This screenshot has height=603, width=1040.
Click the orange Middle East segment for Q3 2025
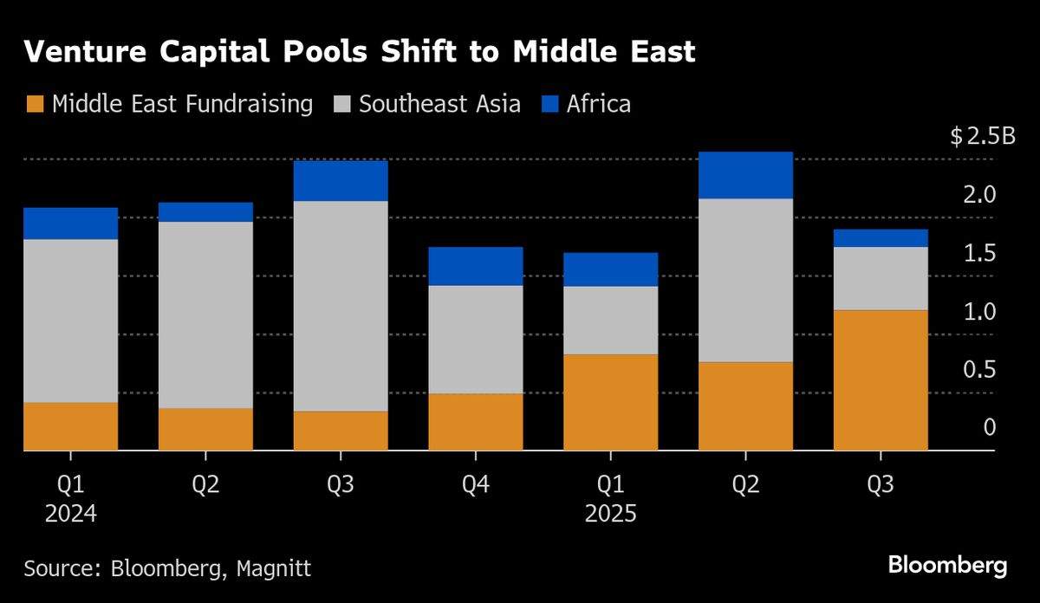(x=881, y=380)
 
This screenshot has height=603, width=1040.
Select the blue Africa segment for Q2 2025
(x=745, y=175)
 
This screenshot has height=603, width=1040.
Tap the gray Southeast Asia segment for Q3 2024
(x=341, y=306)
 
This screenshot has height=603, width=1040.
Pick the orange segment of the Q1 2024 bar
(x=70, y=426)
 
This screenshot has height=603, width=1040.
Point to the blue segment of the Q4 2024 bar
(x=476, y=266)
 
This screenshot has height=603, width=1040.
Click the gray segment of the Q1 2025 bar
(x=610, y=320)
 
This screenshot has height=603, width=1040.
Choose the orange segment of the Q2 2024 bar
(x=205, y=429)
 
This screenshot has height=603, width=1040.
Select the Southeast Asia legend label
(x=439, y=105)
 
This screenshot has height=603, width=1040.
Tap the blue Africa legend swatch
(x=550, y=105)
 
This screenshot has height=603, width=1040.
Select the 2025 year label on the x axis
(x=610, y=514)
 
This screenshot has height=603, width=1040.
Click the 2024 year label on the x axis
(x=70, y=514)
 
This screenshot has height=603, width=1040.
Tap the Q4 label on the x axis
(x=476, y=484)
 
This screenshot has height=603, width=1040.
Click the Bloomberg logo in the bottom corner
(x=947, y=567)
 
